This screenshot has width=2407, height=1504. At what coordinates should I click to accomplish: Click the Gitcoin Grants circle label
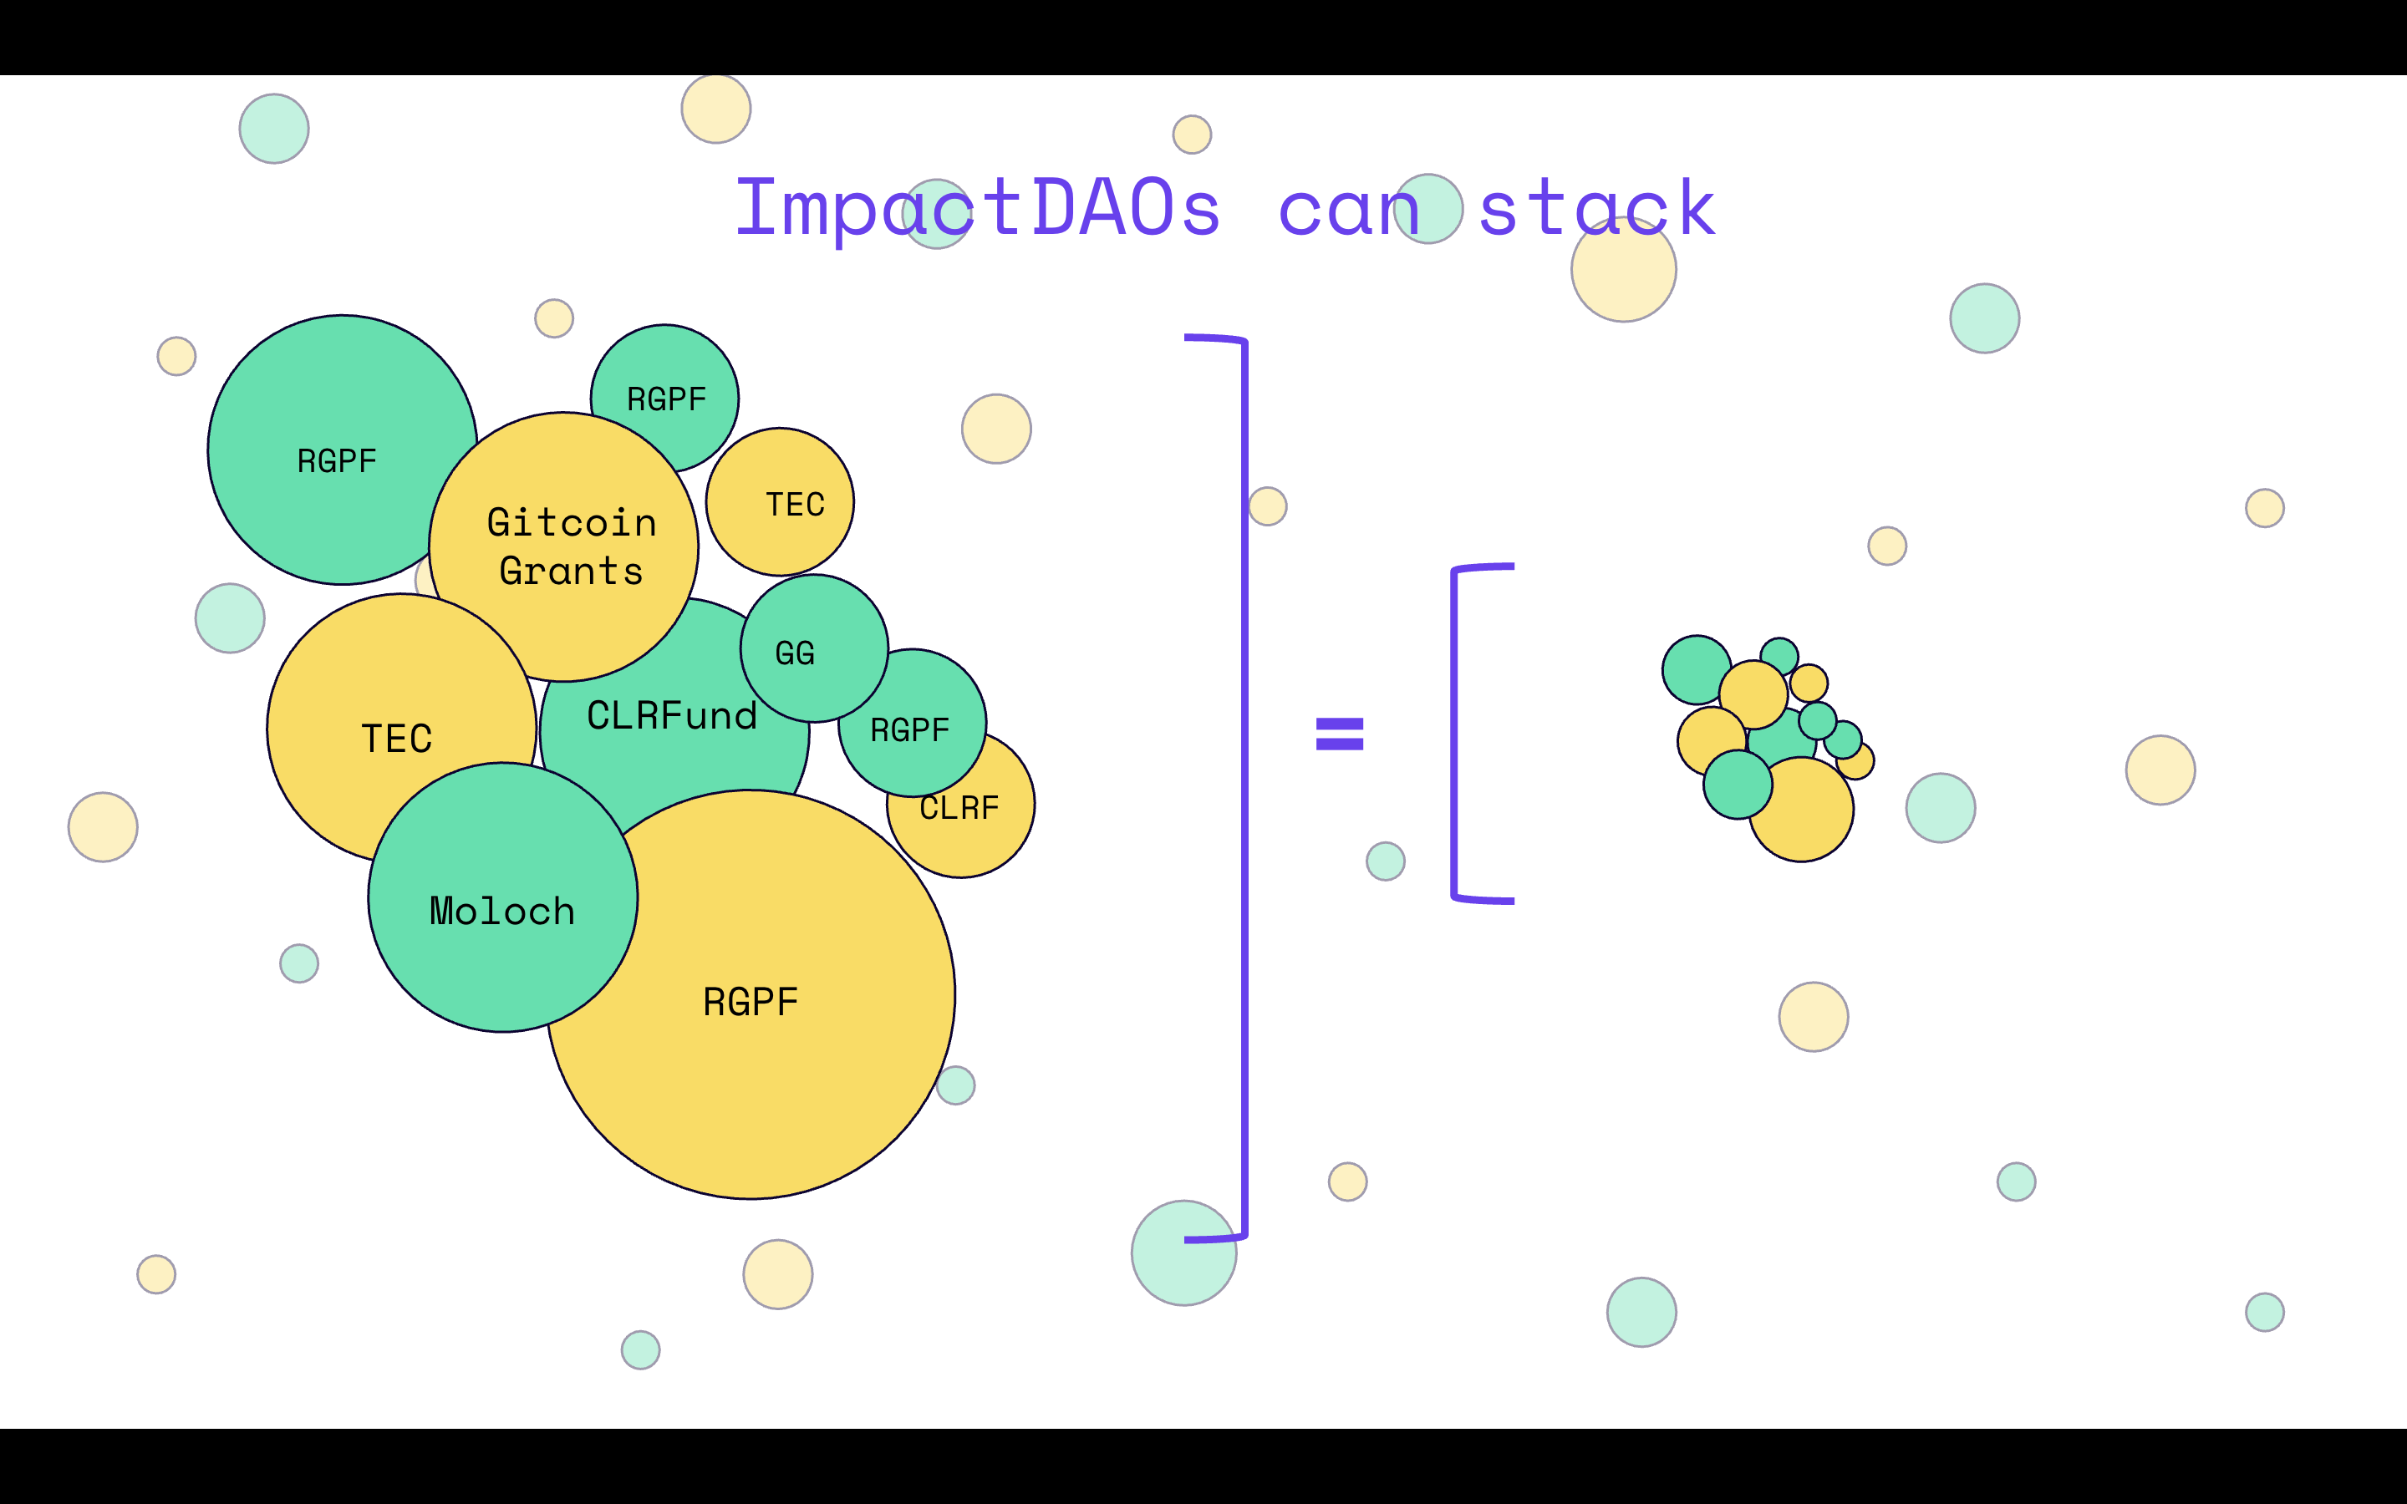point(571,546)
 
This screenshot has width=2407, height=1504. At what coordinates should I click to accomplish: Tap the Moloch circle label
point(502,911)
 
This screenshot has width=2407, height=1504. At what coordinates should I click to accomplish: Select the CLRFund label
point(671,716)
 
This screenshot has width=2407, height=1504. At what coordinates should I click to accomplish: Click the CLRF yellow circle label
point(959,809)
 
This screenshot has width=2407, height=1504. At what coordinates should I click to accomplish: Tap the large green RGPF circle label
point(337,460)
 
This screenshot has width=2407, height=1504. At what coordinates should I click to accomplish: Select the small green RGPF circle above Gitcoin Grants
point(665,398)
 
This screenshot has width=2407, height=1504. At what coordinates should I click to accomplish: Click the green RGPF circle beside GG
point(910,730)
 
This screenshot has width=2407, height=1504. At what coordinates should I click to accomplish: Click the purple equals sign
point(1339,733)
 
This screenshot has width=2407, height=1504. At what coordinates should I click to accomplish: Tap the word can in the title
point(1349,209)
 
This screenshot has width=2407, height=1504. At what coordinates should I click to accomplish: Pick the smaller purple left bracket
point(1455,733)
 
